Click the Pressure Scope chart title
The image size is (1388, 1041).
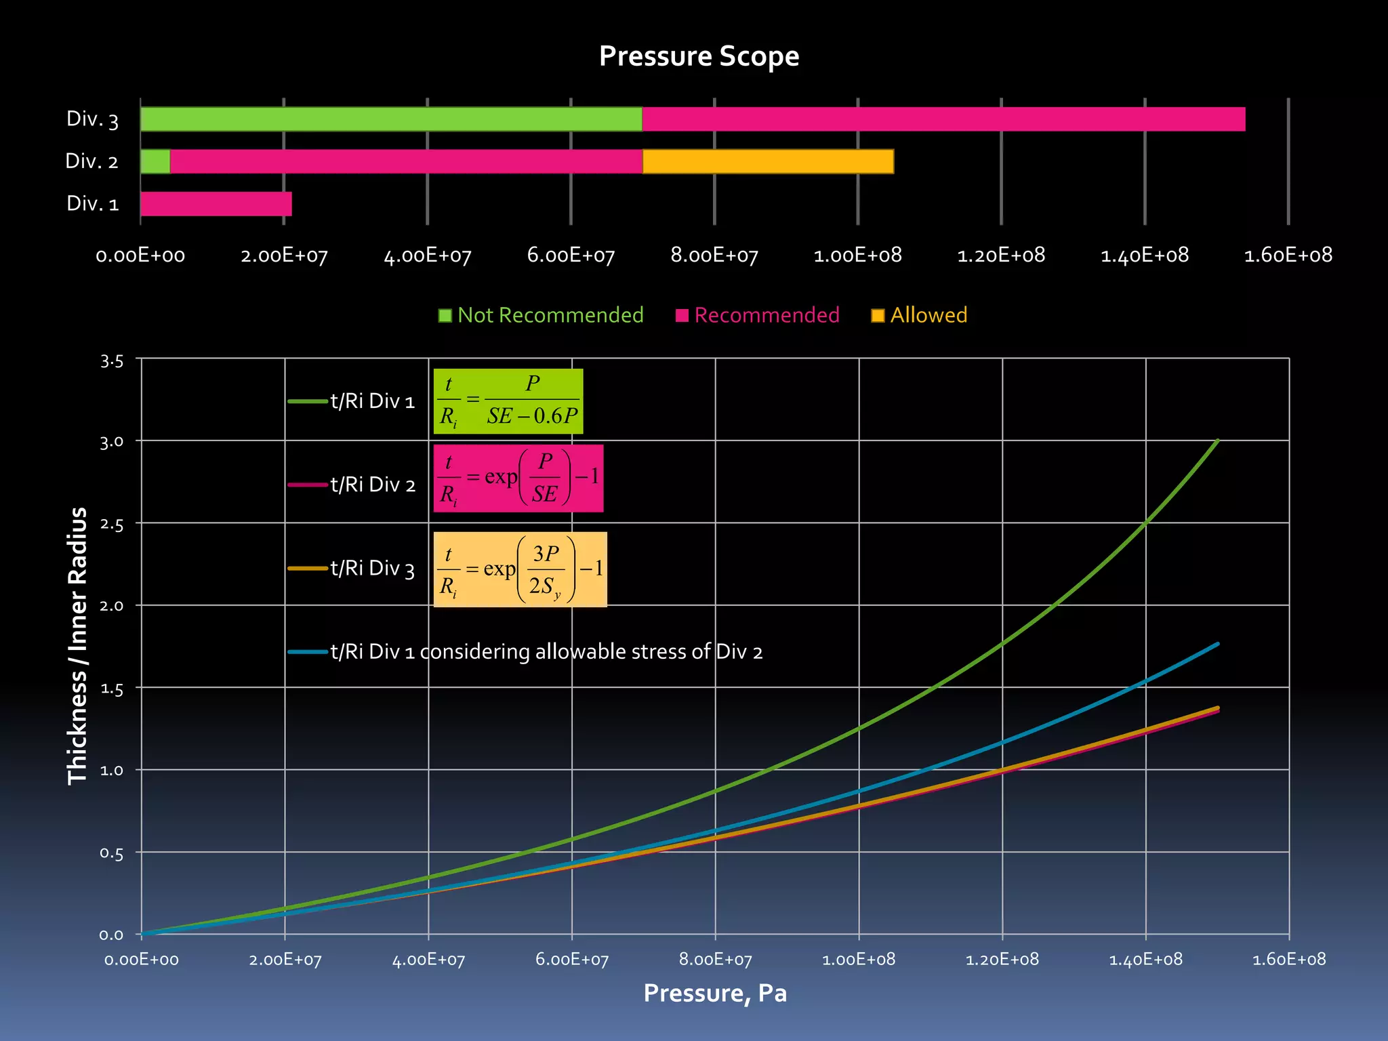(x=699, y=56)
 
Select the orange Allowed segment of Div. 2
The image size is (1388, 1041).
(x=768, y=161)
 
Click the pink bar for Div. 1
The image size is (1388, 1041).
(x=216, y=204)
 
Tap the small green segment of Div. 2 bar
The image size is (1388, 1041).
(x=155, y=161)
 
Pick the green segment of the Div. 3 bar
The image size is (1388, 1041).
(x=391, y=119)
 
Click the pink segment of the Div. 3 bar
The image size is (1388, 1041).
(x=943, y=119)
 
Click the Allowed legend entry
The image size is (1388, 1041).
(x=920, y=315)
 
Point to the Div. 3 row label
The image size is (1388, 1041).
(x=92, y=119)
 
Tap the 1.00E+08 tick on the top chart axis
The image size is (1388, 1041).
(x=857, y=256)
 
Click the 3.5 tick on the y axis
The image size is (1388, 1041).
(x=112, y=361)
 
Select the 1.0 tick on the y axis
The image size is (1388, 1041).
(x=112, y=771)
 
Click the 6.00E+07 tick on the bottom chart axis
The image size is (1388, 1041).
(x=572, y=960)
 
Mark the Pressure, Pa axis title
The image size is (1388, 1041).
(x=715, y=994)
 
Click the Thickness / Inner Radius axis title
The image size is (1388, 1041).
(x=78, y=646)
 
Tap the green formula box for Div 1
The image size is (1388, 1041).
(x=508, y=401)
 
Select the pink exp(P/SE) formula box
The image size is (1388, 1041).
(x=518, y=478)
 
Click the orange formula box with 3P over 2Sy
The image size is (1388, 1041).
(x=520, y=569)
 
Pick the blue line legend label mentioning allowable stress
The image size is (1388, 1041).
(x=546, y=652)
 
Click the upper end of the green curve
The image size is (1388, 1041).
(x=1217, y=441)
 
